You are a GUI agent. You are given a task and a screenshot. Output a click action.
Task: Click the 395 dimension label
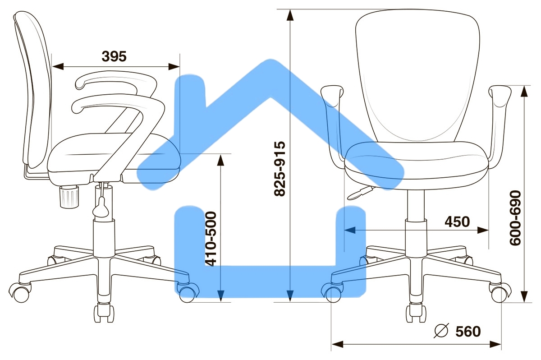coord(114,56)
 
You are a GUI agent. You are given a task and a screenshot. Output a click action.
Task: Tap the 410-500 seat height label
coord(211,239)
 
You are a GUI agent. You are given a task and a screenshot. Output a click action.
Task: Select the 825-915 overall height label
coord(280,169)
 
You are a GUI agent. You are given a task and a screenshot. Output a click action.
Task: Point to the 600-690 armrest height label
coord(515,218)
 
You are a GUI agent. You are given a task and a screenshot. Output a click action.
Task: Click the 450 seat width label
coord(457,222)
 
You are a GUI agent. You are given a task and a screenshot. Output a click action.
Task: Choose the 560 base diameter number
coord(468,332)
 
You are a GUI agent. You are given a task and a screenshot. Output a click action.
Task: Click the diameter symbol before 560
coord(441,330)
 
